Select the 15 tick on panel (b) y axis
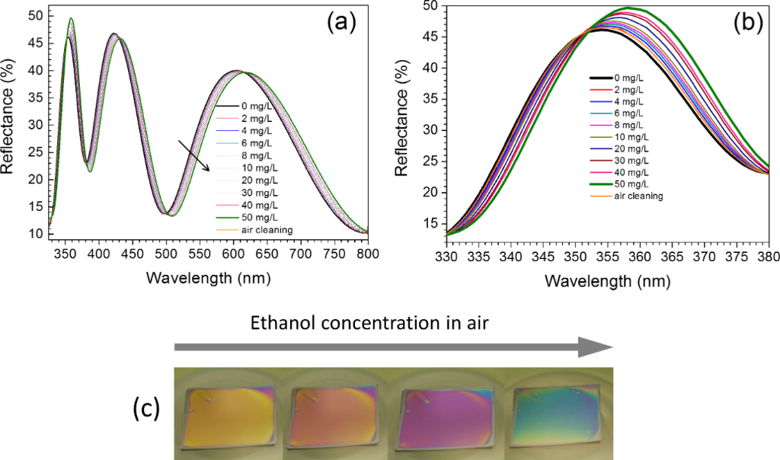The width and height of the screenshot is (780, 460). pos(431,223)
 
